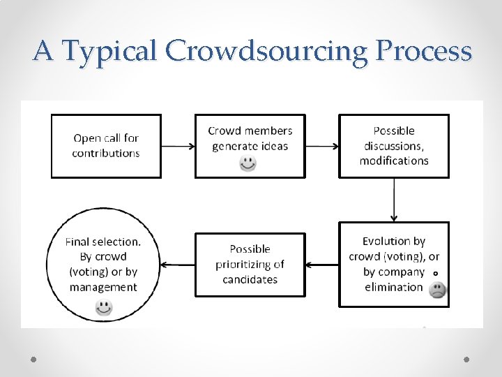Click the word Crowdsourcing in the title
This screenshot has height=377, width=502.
coord(266,51)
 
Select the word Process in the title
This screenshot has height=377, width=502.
coord(423,51)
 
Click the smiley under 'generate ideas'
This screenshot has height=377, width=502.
coord(248,163)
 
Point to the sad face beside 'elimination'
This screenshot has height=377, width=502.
coord(437,290)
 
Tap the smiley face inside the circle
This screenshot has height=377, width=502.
coord(104,306)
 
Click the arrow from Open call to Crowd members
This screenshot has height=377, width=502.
coord(178,147)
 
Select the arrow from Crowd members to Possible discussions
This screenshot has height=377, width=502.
coord(322,147)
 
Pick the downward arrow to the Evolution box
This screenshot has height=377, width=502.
coord(394,199)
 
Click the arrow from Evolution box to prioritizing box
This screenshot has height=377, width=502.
coord(322,265)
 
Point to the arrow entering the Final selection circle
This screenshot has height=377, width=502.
coord(178,265)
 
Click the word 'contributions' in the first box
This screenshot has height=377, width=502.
coord(106,153)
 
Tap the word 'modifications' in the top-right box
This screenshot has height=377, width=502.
coord(394,161)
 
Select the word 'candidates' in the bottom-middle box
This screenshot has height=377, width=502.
coord(250,279)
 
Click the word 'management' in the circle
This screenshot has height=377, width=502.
coord(103,287)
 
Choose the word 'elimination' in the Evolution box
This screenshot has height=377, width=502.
coord(394,287)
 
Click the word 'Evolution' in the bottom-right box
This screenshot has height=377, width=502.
coord(394,242)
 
